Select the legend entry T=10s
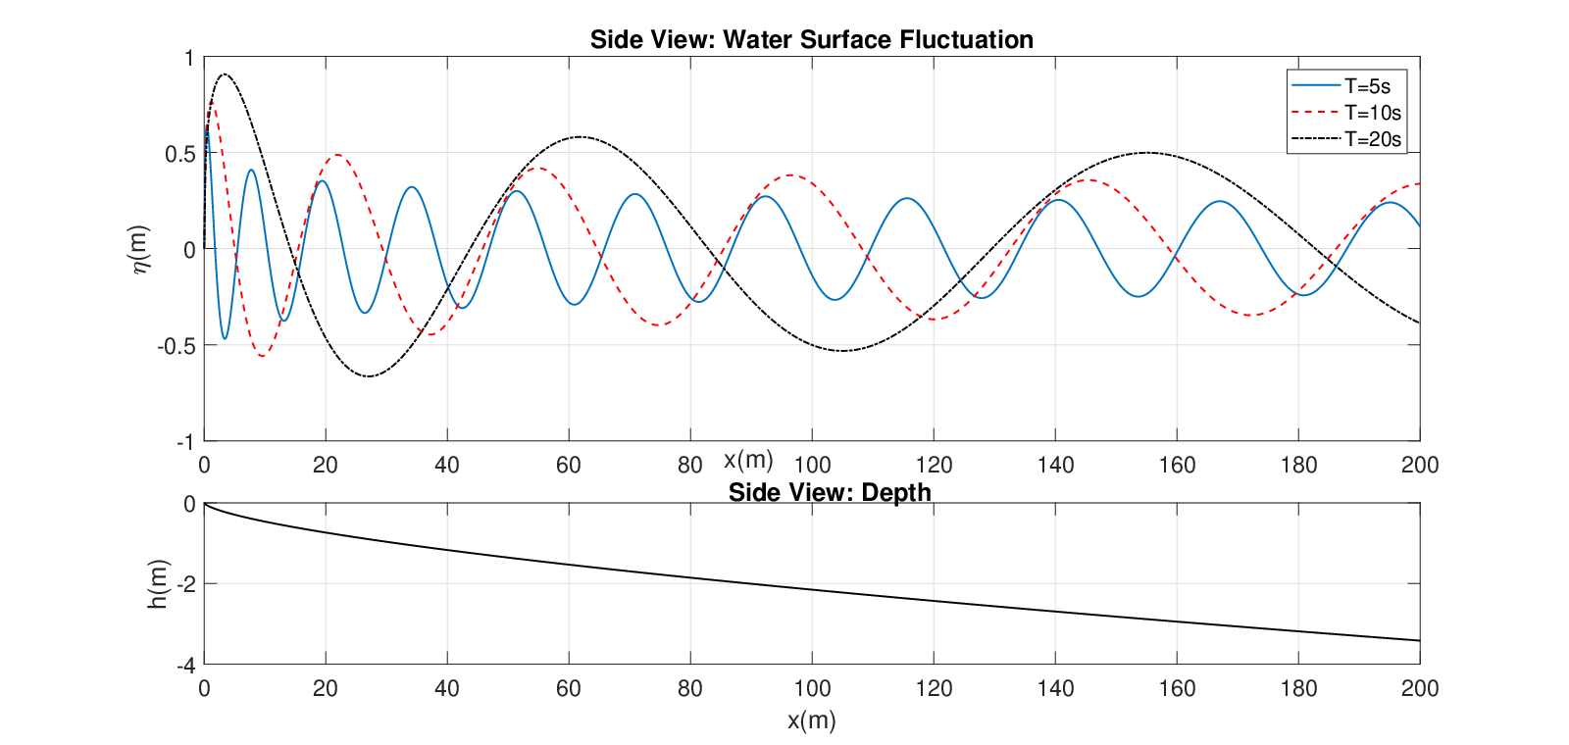click(1345, 113)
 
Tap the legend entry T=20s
click(1345, 139)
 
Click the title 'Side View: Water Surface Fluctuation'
click(811, 40)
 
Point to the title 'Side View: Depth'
click(830, 492)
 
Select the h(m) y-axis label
click(158, 584)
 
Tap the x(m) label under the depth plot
click(811, 720)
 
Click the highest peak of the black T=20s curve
click(225, 74)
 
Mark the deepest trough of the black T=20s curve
click(369, 376)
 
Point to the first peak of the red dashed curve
click(211, 104)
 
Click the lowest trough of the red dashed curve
click(262, 357)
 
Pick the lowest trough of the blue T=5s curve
click(225, 339)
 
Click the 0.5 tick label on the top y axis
click(180, 154)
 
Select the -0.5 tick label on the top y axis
click(176, 346)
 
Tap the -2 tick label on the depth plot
click(186, 584)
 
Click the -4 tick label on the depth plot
click(186, 666)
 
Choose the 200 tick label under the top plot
click(1420, 465)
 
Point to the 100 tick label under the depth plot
click(812, 688)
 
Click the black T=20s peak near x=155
click(1146, 152)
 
